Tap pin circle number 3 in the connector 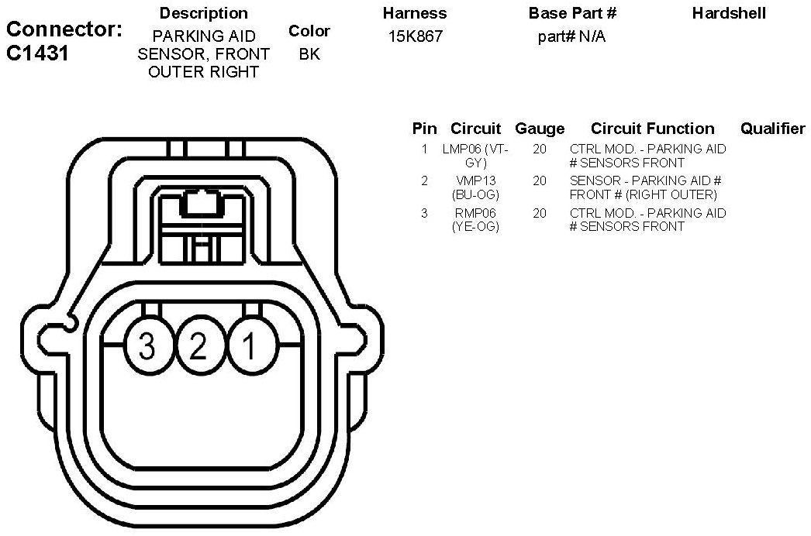[x=147, y=346]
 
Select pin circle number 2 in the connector [x=198, y=346]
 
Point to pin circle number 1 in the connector [x=250, y=346]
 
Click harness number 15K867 [x=416, y=36]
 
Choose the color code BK [x=309, y=54]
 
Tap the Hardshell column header [x=729, y=13]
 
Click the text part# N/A [x=571, y=36]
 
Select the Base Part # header [x=572, y=13]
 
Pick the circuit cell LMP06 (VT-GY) [x=475, y=155]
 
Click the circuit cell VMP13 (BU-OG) [x=476, y=187]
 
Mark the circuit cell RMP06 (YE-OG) [x=476, y=220]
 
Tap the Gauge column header [x=540, y=129]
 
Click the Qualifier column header [x=772, y=129]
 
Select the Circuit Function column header [x=652, y=129]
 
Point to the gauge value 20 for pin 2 [x=540, y=180]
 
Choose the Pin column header [x=424, y=129]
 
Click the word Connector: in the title [x=64, y=31]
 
